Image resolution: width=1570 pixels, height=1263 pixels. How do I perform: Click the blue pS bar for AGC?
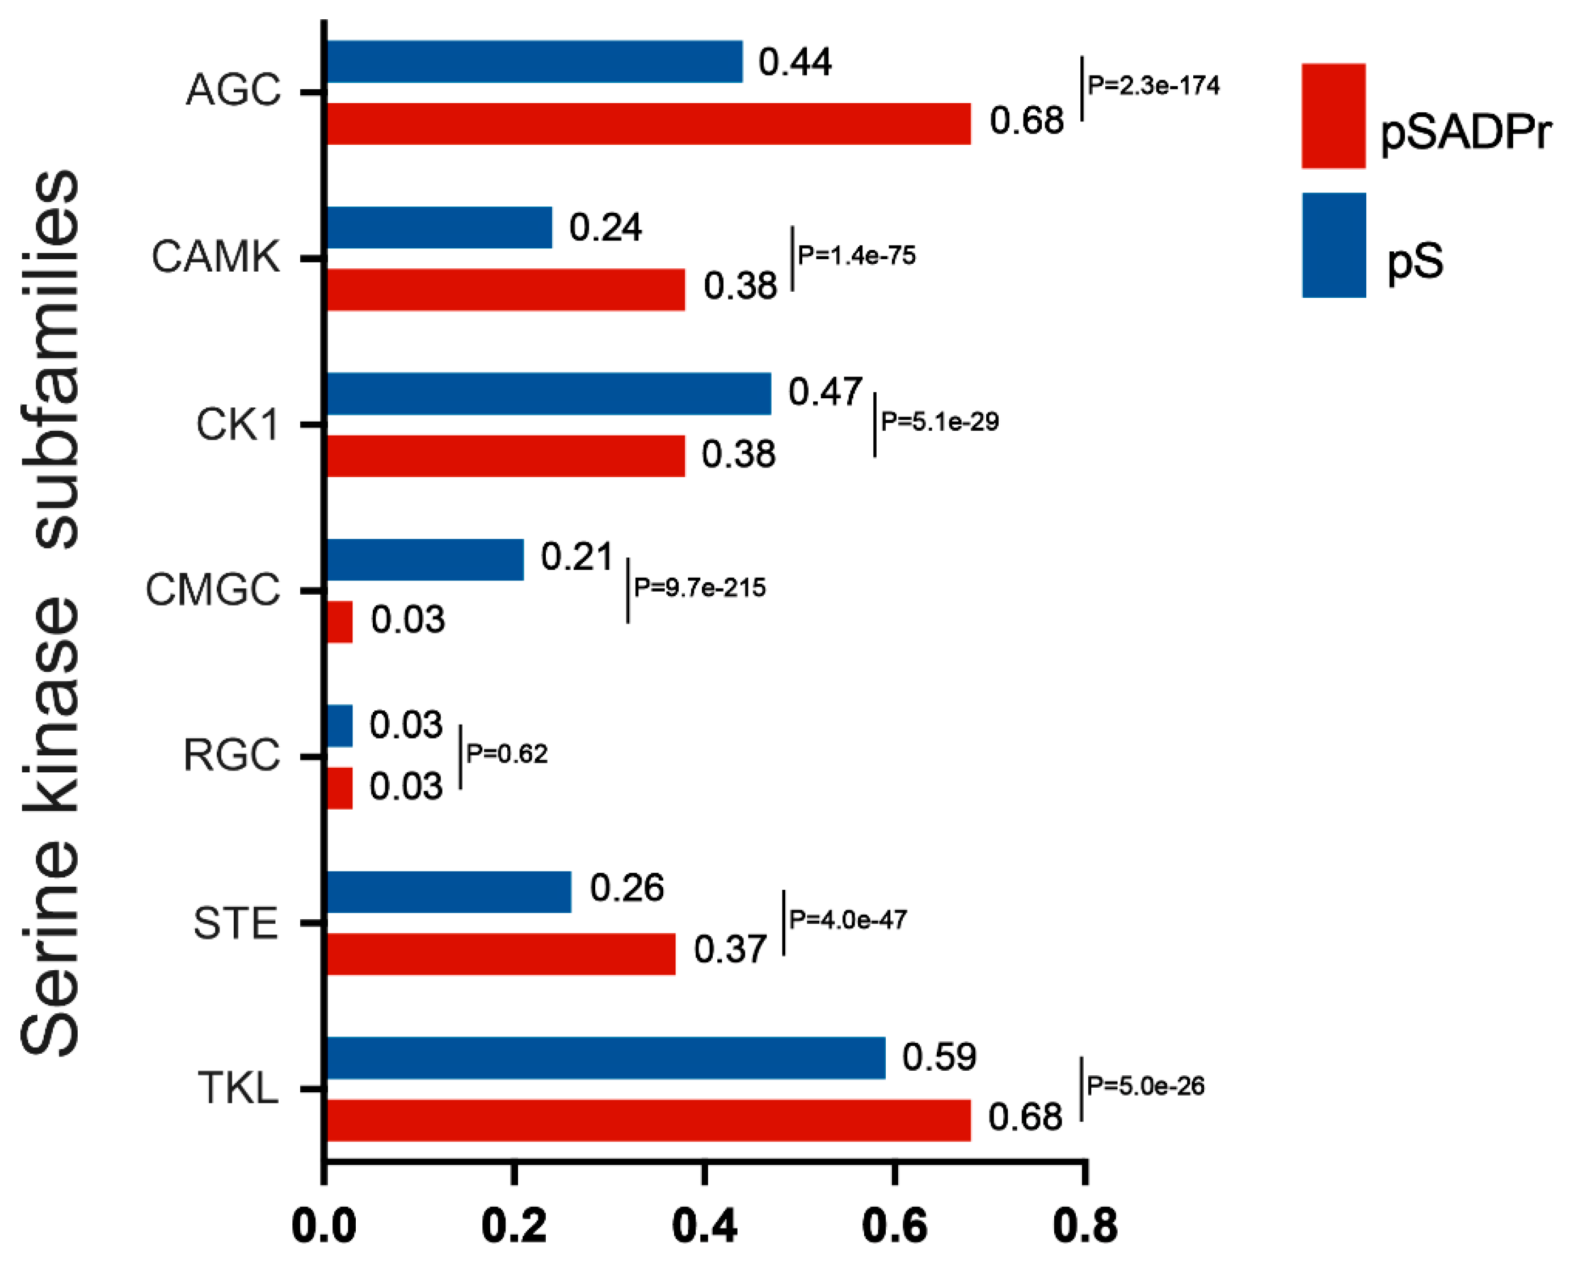[534, 62]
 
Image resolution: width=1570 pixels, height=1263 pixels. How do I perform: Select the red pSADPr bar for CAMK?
[506, 290]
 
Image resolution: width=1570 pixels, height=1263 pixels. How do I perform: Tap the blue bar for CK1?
[548, 394]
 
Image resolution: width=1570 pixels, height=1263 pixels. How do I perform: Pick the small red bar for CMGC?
[339, 622]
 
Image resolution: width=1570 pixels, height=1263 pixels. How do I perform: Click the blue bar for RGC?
[339, 726]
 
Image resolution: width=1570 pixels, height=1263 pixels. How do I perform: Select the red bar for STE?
[500, 954]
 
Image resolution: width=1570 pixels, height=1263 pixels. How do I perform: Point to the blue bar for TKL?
[605, 1058]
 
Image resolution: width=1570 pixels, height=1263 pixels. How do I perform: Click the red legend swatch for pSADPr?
[1333, 116]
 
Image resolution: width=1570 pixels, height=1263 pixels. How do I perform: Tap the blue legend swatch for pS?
[1333, 246]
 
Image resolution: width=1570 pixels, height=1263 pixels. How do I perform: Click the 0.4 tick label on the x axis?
[704, 1226]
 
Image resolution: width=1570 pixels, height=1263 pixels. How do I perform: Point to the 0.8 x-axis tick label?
[1085, 1226]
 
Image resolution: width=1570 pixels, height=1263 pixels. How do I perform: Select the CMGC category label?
[213, 590]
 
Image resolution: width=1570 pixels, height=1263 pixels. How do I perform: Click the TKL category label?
[238, 1089]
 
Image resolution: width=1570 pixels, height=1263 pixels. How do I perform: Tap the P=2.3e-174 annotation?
[1154, 86]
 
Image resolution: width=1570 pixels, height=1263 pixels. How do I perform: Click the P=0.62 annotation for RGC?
[507, 754]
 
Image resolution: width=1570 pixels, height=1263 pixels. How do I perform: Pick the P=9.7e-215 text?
[700, 587]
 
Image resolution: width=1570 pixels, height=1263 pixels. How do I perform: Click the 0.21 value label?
[576, 557]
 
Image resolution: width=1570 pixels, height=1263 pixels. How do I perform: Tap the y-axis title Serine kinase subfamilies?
[49, 612]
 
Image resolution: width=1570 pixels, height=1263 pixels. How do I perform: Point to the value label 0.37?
[730, 950]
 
